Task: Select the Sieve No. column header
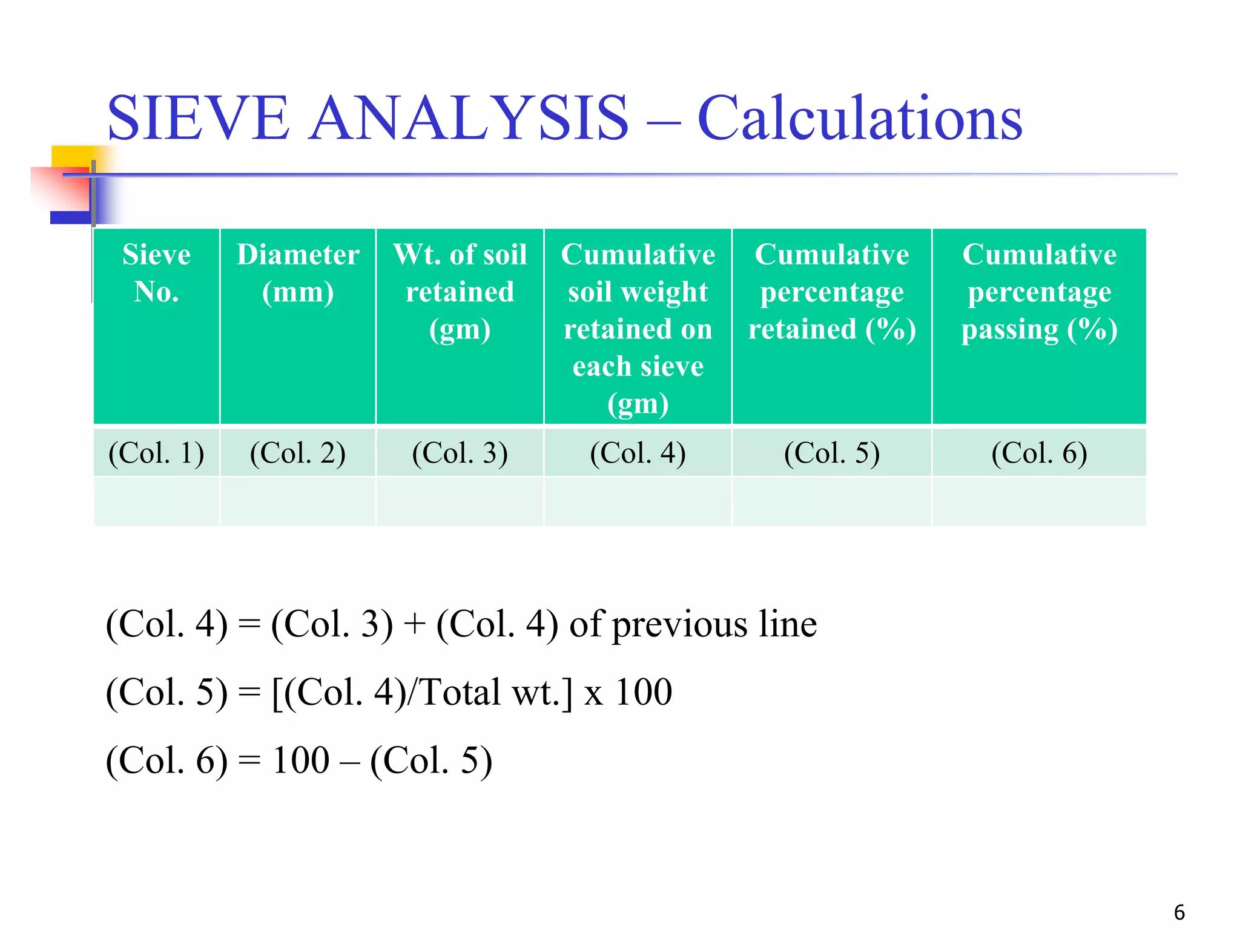click(156, 273)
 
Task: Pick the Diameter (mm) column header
click(298, 273)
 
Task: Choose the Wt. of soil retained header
click(460, 292)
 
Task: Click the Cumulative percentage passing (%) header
click(1039, 292)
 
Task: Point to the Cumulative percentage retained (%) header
click(832, 292)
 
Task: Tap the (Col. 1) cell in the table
click(156, 453)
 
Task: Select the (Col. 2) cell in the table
click(298, 453)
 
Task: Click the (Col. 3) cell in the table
click(460, 453)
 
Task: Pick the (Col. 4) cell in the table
click(638, 453)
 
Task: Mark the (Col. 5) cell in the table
click(832, 453)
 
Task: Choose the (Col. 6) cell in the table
click(1039, 453)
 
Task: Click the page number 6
click(1179, 912)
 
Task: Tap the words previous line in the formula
click(714, 625)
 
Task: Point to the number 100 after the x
click(643, 692)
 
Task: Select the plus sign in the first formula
click(415, 625)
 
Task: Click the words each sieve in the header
click(638, 366)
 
